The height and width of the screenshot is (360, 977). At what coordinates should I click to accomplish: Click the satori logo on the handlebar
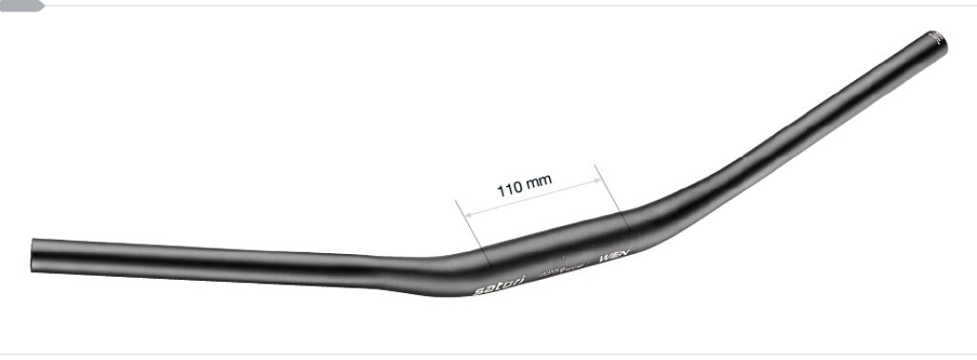coord(498,284)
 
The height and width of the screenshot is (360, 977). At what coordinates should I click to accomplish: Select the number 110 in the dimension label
coord(510,188)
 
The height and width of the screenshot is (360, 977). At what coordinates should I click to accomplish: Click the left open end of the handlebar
coord(33,255)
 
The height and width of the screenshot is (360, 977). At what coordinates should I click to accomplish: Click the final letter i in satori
coord(517,278)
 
